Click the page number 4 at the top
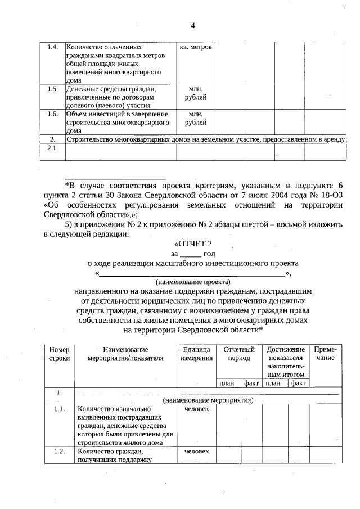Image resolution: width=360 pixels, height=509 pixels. [x=193, y=25]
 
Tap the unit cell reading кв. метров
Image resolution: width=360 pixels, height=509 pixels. [x=195, y=47]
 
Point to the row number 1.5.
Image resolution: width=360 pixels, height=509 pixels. [x=52, y=89]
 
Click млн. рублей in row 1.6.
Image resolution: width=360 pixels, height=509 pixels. [x=195, y=118]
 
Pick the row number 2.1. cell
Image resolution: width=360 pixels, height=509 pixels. [x=52, y=148]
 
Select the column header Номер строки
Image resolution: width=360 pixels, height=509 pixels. [x=59, y=353]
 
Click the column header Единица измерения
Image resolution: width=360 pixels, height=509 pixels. [x=196, y=353]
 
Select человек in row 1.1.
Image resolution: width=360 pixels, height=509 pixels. [x=196, y=409]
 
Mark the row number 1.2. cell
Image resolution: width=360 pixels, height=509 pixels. [x=59, y=452]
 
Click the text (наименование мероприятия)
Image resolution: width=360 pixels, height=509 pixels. [x=208, y=400]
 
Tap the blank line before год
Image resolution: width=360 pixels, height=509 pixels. [x=191, y=254]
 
